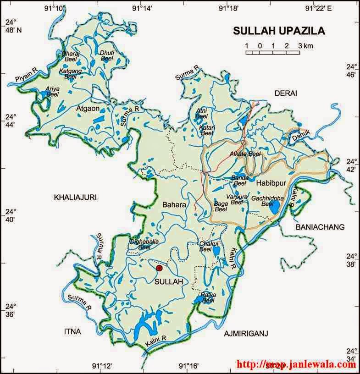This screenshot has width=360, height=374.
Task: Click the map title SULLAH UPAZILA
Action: coord(278,31)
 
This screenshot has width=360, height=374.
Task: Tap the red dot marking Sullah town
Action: coord(159,268)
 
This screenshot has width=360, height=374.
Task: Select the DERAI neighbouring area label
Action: coord(286,93)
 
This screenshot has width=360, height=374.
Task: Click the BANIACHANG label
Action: coord(320,227)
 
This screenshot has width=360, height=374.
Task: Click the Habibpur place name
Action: coord(271,183)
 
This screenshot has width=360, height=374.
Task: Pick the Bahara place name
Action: coord(174,205)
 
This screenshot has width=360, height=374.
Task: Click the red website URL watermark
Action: coord(296,365)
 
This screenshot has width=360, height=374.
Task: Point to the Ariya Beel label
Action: coord(53,91)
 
